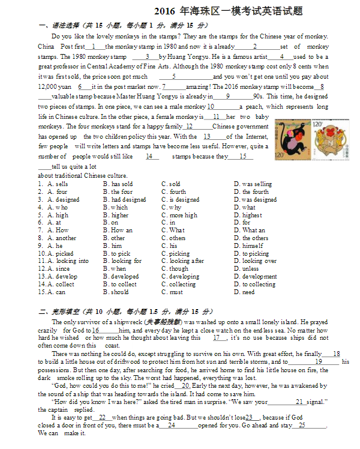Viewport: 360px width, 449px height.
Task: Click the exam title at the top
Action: click(228, 11)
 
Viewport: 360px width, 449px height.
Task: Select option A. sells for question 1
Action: click(58, 184)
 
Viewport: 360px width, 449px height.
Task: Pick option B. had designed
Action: click(128, 199)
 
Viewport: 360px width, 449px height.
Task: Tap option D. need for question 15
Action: click(248, 292)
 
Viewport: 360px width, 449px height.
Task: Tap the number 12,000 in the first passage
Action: click(49, 86)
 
